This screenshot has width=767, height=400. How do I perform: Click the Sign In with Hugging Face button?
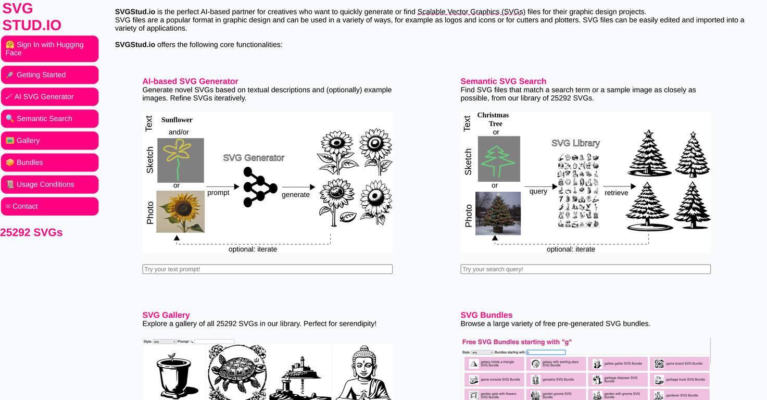coord(49,48)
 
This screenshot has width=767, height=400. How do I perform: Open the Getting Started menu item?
coord(49,74)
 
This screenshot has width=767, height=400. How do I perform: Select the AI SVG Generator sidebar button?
coord(49,96)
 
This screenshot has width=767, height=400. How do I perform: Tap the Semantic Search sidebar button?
coord(49,118)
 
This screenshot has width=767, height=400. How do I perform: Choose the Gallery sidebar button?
coord(49,140)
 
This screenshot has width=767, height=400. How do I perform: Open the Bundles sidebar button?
coord(49,162)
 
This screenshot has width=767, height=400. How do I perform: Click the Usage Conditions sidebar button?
coord(49,184)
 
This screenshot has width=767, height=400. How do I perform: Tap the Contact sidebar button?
coord(49,206)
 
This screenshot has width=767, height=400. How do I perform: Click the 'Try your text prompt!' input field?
coord(267,269)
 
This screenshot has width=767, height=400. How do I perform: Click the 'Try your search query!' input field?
coord(585,269)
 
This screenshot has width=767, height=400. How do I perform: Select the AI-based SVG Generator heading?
coord(190,81)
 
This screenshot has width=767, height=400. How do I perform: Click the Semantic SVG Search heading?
coord(503,81)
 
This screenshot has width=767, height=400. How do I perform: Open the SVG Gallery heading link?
coord(166,315)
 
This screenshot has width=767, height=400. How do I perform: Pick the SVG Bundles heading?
coord(486,315)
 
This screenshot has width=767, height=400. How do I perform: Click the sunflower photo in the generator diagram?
coord(180,211)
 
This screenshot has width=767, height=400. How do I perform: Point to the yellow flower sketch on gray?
coord(180,160)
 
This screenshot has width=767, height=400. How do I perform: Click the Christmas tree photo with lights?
coord(498,213)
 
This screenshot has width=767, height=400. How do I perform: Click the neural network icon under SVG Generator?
coord(260,187)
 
